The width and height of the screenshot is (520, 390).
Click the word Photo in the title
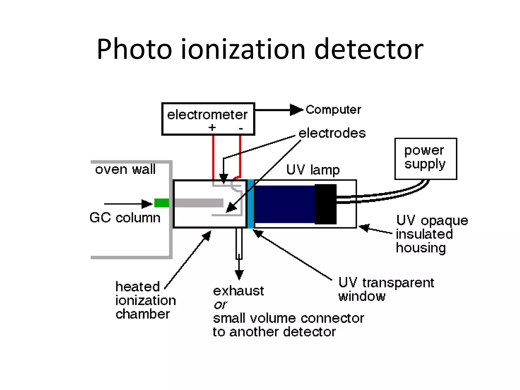point(135,49)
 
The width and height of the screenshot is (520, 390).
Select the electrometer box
point(208,119)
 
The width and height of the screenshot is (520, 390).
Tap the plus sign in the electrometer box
point(212,127)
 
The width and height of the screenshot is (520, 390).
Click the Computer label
point(333,110)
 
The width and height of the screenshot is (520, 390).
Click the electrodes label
point(332,133)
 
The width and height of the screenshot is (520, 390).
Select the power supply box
point(426,159)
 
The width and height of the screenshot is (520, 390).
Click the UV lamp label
point(313,170)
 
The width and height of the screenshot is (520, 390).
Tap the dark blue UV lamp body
point(284,204)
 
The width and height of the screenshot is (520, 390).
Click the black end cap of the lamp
point(326,204)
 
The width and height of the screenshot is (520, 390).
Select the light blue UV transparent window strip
point(251,204)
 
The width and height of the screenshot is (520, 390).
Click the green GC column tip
point(162,203)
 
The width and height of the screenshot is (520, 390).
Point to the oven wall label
point(125,169)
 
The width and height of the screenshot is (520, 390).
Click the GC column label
point(125,218)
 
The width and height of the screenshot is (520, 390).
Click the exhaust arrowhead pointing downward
point(239,275)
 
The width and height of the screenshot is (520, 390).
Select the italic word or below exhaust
point(220,305)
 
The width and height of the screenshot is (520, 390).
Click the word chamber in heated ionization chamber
point(142,314)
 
